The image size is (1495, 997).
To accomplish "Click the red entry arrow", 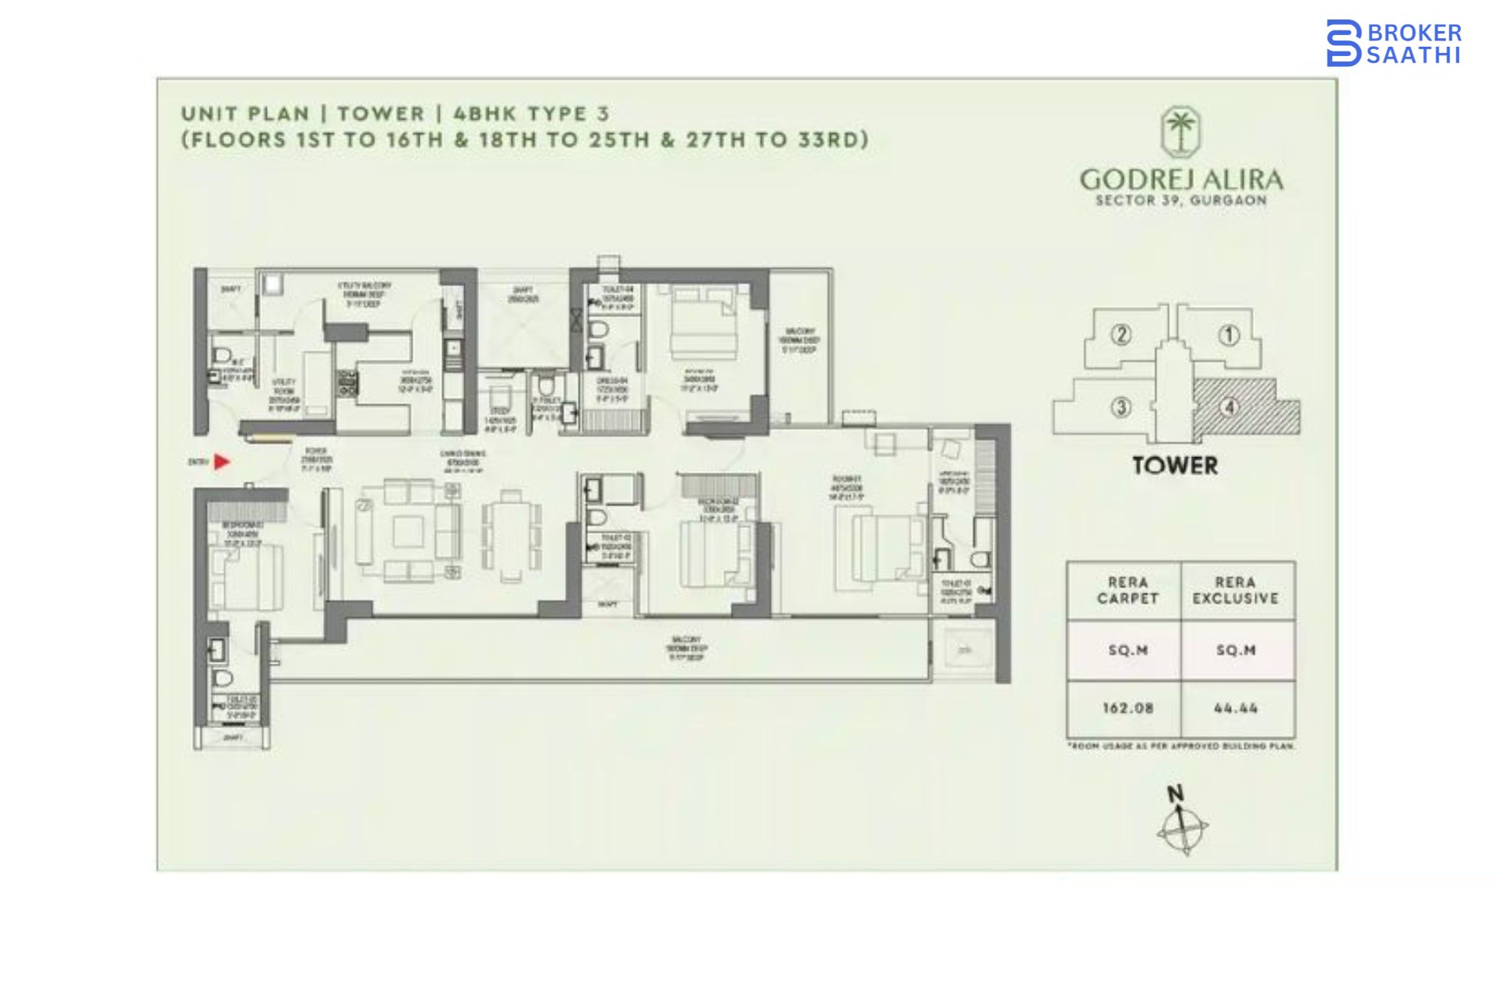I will click(x=222, y=462).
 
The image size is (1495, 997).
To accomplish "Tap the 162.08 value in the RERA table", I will click(x=1127, y=709).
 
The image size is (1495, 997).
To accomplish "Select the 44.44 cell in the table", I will click(x=1236, y=709).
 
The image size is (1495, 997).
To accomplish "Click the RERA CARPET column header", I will click(x=1127, y=590).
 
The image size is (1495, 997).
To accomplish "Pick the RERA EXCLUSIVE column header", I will click(x=1236, y=590).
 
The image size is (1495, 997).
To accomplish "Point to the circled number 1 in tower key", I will click(x=1229, y=336).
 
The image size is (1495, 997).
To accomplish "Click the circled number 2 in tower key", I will click(x=1121, y=336).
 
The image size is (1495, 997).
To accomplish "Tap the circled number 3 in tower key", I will click(x=1121, y=407).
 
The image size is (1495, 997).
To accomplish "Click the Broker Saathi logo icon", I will click(x=1344, y=43).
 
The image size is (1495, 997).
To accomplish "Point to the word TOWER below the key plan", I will click(x=1175, y=466).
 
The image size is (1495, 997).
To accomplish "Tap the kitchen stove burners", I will click(x=346, y=382).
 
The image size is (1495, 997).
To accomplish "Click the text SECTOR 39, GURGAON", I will click(x=1180, y=200).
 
